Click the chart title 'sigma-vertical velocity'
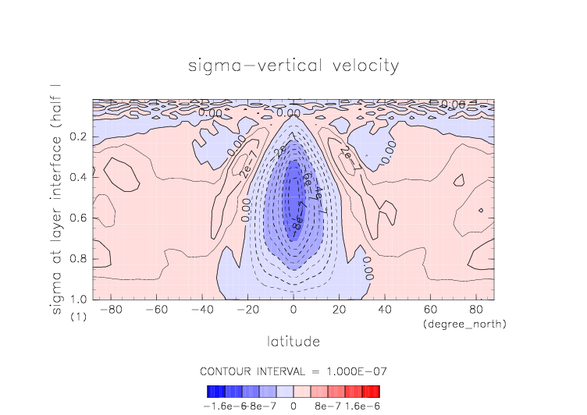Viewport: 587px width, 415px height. coord(293,66)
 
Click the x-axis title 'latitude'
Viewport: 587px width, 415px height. coord(293,341)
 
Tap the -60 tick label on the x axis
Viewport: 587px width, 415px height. coord(158,310)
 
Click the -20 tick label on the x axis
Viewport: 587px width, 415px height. coord(248,310)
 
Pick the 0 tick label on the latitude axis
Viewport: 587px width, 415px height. coord(293,310)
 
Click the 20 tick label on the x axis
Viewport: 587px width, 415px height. coord(339,310)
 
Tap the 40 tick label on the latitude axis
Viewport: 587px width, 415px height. coord(384,310)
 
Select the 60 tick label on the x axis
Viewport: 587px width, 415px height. coord(429,310)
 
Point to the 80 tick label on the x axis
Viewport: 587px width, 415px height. coord(475,310)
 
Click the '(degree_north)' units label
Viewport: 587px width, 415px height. coord(464,323)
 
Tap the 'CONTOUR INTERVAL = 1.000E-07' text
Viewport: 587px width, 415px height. coord(293,371)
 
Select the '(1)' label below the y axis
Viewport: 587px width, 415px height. coord(78,317)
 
